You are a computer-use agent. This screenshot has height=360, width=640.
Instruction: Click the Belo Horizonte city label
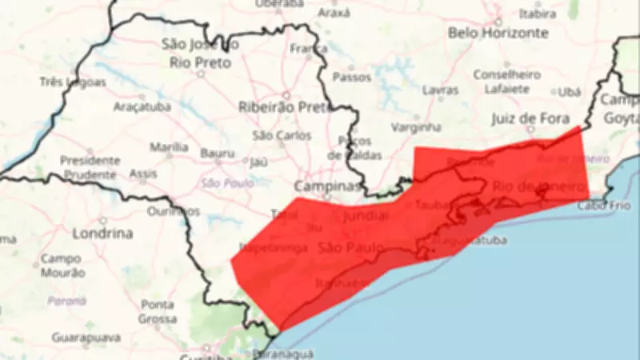tap(498, 33)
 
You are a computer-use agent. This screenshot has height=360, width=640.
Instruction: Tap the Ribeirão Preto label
tap(279, 106)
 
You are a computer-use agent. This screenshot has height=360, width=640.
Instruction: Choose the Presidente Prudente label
tap(90, 166)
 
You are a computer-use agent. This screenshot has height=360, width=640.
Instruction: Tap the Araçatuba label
tap(139, 106)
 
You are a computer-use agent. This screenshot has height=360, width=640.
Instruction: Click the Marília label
tap(169, 147)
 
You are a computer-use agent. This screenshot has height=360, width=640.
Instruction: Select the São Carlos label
tap(282, 136)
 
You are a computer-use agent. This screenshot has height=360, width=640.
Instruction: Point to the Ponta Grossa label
tap(157, 311)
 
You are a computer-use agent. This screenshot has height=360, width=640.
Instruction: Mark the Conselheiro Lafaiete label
tap(506, 82)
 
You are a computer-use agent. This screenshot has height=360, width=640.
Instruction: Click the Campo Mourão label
tap(61, 266)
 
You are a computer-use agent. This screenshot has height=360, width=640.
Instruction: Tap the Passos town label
tap(351, 78)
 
